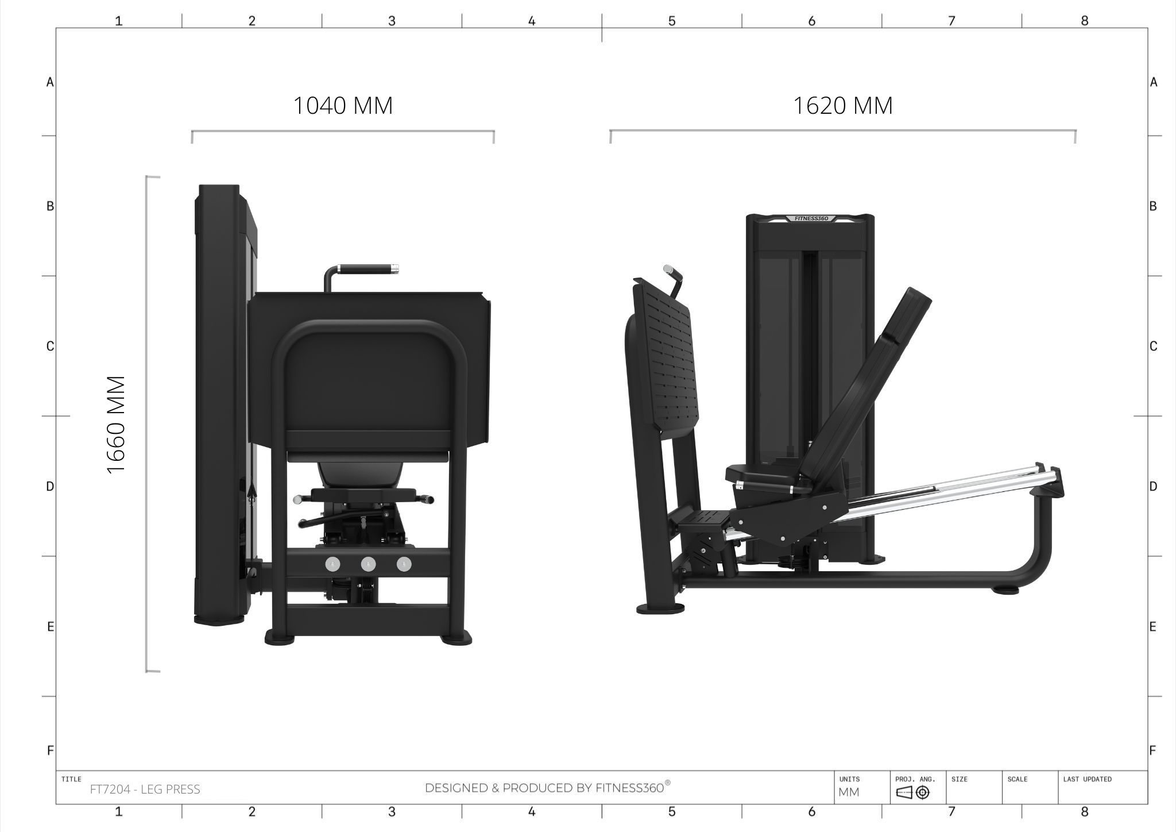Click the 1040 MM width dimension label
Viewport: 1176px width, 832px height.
click(x=343, y=106)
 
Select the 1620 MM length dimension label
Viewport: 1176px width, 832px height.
click(x=842, y=106)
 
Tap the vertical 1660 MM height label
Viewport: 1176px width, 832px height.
click(x=117, y=425)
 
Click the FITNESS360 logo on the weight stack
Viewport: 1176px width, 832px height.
click(x=811, y=218)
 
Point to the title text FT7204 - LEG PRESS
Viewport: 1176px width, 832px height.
click(x=145, y=789)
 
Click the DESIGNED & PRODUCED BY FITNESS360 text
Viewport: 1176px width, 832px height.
click(x=547, y=787)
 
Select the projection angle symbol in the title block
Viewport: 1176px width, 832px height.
click(x=912, y=793)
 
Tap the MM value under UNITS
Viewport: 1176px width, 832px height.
click(x=849, y=792)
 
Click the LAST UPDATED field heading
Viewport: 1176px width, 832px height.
click(x=1087, y=779)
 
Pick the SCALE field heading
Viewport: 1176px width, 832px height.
click(x=1017, y=779)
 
